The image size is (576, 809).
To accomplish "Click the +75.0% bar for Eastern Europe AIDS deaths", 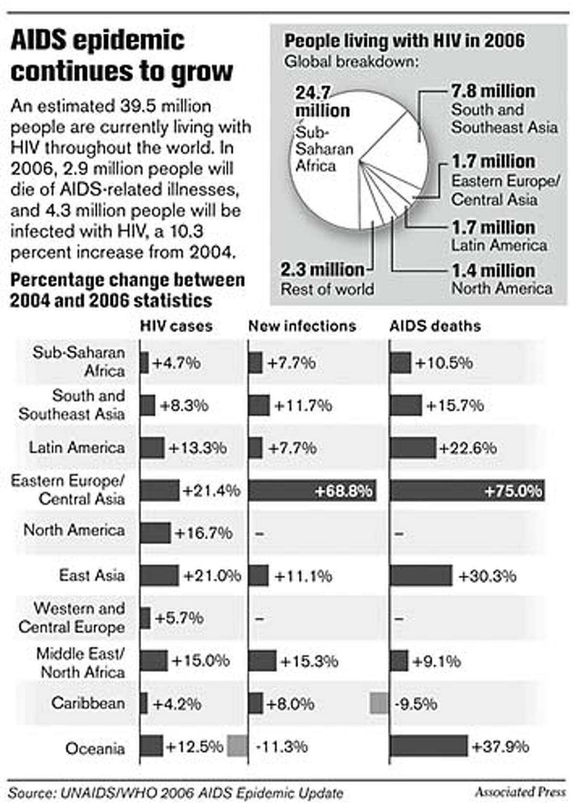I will [x=467, y=491].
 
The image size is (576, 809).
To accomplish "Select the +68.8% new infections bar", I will [x=312, y=491].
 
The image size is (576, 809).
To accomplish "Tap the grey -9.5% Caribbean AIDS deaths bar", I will [x=379, y=704].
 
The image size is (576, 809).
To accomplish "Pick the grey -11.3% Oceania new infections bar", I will [x=237, y=747].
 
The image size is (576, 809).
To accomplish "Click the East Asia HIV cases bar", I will [x=159, y=575].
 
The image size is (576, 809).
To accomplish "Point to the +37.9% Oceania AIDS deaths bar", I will [x=428, y=746].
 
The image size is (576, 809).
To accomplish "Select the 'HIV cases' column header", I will [x=176, y=326].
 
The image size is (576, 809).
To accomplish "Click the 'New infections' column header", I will [x=302, y=326].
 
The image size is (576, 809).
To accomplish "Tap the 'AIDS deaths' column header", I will [x=435, y=326].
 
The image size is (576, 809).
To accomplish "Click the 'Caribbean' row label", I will [x=88, y=703].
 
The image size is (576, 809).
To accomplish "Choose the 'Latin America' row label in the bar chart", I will [x=76, y=447].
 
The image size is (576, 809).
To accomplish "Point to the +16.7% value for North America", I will [x=204, y=533].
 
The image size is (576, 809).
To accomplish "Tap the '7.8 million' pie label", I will [x=493, y=91].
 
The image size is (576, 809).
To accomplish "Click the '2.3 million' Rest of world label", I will [x=323, y=269].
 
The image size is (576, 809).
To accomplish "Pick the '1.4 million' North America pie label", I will [x=493, y=270].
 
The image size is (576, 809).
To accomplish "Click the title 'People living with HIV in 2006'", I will [x=405, y=41].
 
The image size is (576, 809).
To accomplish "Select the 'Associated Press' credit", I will [x=520, y=792].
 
